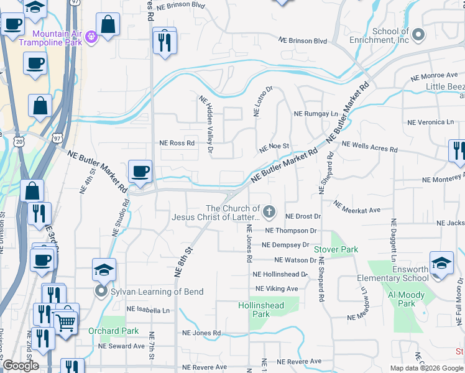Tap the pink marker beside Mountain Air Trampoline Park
[x=91, y=37]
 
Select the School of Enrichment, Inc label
[x=390, y=35]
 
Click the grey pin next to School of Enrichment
[x=418, y=35]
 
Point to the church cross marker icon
[x=269, y=213]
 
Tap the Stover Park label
[x=336, y=249]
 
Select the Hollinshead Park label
[x=261, y=310]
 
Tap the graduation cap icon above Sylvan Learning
[x=104, y=270]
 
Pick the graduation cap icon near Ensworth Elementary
[x=441, y=262]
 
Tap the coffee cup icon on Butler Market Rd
[x=140, y=171]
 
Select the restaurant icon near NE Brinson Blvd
[x=165, y=42]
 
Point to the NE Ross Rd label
[x=177, y=143]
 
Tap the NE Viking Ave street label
[x=275, y=289]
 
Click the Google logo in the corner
[x=21, y=366]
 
